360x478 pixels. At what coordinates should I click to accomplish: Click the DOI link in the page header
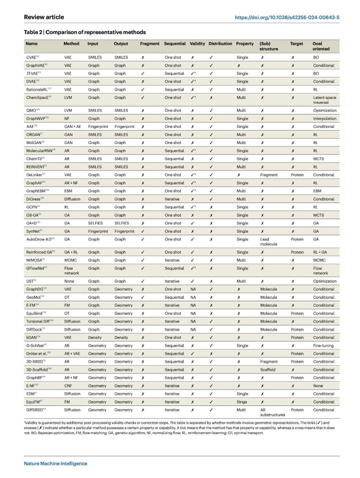(287, 17)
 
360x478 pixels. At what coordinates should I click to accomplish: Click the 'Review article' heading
(44, 17)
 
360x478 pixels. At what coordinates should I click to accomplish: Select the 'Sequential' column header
(175, 44)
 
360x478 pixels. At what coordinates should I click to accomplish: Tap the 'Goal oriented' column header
(321, 46)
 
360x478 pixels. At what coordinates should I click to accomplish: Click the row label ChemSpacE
(39, 98)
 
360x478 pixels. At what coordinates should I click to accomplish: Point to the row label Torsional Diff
(40, 321)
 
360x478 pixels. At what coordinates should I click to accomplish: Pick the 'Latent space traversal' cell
(324, 100)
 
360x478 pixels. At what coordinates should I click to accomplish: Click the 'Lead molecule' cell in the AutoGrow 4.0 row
(269, 241)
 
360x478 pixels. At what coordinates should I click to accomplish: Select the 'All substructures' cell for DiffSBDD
(272, 412)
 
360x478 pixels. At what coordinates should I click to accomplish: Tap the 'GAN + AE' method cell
(73, 127)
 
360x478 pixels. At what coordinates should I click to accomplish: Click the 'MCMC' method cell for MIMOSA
(70, 260)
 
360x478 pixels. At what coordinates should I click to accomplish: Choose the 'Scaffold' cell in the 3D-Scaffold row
(268, 370)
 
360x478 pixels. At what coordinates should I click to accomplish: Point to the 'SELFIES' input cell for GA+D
(95, 223)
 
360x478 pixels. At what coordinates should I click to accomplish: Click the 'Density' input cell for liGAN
(95, 337)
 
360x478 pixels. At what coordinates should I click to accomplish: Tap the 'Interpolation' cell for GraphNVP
(325, 119)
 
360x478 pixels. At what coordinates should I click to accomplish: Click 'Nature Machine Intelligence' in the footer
(56, 463)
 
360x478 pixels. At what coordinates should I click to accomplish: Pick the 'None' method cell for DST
(69, 281)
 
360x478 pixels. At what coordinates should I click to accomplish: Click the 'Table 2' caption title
(85, 32)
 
